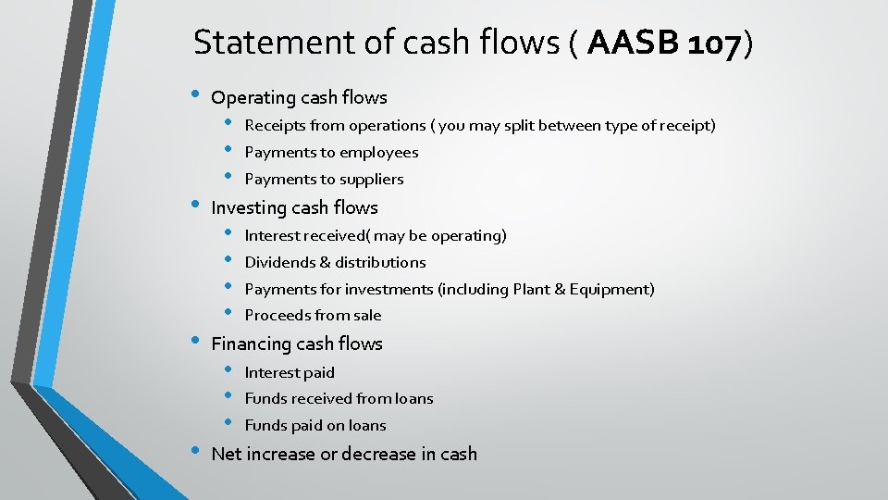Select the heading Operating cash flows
(299, 97)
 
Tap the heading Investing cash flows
(294, 207)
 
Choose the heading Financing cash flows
(296, 344)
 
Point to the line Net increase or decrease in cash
(344, 454)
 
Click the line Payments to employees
(331, 152)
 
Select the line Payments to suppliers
(324, 179)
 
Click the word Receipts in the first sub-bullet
(273, 125)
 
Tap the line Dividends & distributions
(335, 262)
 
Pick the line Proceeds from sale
(313, 315)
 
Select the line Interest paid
(290, 372)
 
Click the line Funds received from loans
(339, 398)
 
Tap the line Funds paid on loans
(315, 425)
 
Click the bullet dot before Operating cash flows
(193, 95)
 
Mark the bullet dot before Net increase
(193, 452)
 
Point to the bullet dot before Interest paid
(227, 370)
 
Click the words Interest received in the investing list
(308, 235)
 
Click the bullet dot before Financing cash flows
(193, 342)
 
